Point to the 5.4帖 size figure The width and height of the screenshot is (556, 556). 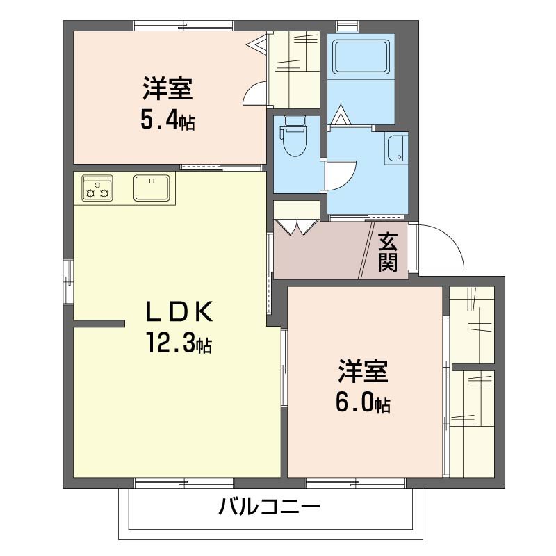[x=167, y=121]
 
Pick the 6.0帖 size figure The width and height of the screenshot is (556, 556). [x=363, y=402]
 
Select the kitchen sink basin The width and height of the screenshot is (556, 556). [x=153, y=187]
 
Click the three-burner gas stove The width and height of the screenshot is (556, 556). [x=97, y=188]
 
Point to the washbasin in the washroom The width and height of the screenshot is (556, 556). [x=398, y=148]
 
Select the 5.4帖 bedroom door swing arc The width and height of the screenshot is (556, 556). [x=255, y=94]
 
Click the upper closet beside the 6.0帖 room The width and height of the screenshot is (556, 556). [x=472, y=324]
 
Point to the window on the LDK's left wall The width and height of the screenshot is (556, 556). [x=68, y=281]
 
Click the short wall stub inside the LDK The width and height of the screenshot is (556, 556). [x=99, y=323]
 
